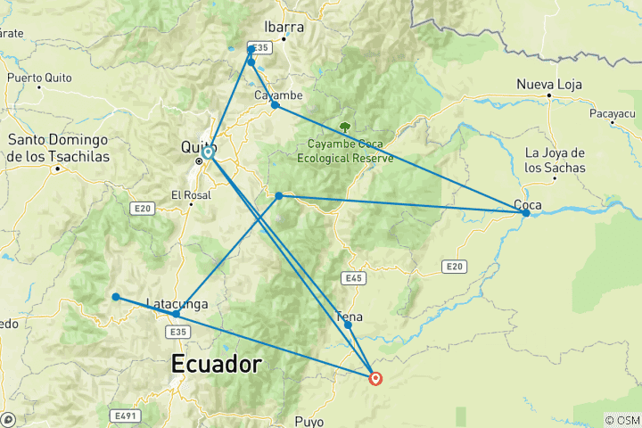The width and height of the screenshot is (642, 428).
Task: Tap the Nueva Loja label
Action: pyautogui.click(x=549, y=85)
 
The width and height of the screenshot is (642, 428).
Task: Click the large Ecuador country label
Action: pyautogui.click(x=217, y=364)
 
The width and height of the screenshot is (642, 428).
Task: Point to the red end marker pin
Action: pyautogui.click(x=375, y=378)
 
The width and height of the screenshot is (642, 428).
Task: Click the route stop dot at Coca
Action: pyautogui.click(x=526, y=213)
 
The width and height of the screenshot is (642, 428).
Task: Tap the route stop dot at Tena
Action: pyautogui.click(x=348, y=325)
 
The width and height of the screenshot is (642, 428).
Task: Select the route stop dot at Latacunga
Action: pyautogui.click(x=176, y=314)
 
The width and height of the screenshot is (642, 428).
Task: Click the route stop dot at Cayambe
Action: pyautogui.click(x=275, y=105)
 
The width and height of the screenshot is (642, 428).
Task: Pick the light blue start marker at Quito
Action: pyautogui.click(x=208, y=152)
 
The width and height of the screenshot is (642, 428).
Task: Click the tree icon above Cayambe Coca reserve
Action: pyautogui.click(x=345, y=127)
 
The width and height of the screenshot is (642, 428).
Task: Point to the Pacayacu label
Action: pyautogui.click(x=613, y=114)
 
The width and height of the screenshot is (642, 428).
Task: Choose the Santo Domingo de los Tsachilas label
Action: pyautogui.click(x=58, y=148)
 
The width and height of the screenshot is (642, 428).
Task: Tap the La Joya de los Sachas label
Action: pyautogui.click(x=555, y=160)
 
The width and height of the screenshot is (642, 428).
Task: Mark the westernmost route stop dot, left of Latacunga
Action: pyautogui.click(x=116, y=297)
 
